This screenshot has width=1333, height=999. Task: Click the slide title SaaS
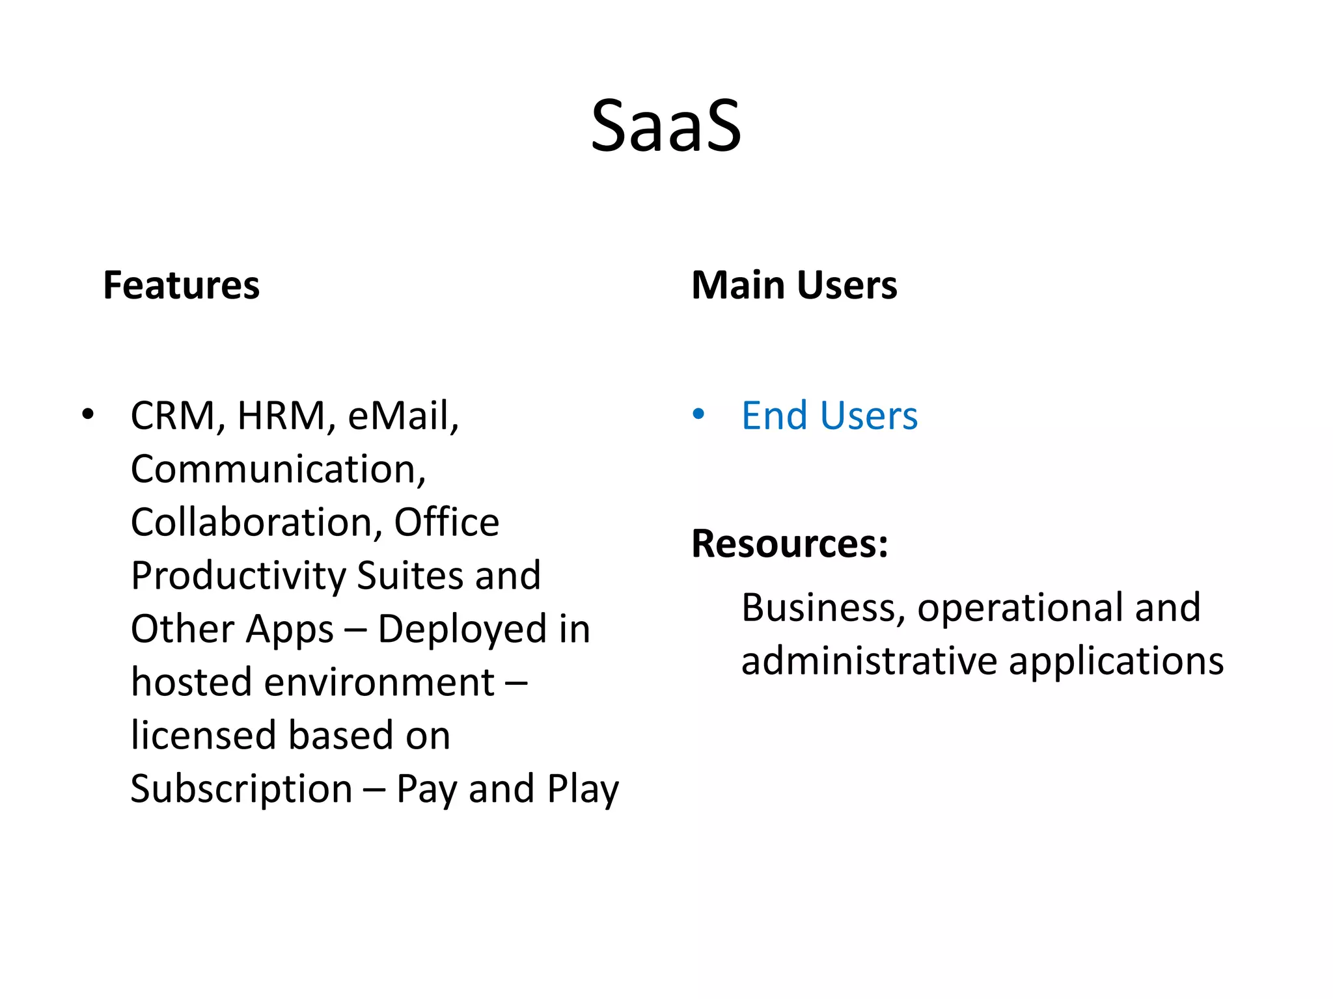665,126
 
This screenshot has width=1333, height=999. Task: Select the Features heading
181,286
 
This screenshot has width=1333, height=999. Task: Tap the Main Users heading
793,286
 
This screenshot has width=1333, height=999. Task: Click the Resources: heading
790,544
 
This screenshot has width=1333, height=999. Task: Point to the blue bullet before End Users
698,414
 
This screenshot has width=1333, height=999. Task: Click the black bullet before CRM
88,414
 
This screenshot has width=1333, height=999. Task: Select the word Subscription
241,790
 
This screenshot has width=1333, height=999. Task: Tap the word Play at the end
583,790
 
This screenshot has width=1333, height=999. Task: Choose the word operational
1019,608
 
